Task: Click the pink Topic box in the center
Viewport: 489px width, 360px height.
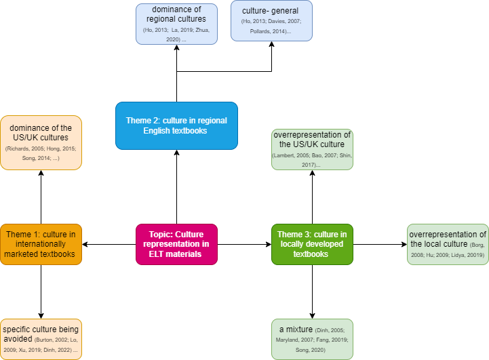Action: (x=176, y=244)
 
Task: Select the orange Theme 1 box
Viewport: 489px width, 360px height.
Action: (x=41, y=244)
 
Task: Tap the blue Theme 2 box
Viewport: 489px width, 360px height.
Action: (x=176, y=125)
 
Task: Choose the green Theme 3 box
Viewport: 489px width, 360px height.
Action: (x=312, y=244)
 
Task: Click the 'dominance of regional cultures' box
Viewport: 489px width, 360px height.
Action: (x=176, y=24)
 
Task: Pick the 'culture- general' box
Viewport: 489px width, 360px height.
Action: (x=271, y=24)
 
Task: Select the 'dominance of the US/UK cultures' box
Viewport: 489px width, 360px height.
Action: (x=41, y=142)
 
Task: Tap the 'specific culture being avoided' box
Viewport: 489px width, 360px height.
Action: (x=41, y=338)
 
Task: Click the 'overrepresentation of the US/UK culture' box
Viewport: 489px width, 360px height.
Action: (x=312, y=149)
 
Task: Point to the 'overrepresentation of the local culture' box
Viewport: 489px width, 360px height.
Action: (x=448, y=244)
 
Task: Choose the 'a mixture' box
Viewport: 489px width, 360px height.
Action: (x=312, y=338)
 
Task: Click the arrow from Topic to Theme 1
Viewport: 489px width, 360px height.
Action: (x=109, y=244)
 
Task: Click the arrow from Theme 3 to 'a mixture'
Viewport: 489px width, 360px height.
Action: (x=312, y=292)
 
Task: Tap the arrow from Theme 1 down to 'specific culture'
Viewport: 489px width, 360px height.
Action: (x=41, y=292)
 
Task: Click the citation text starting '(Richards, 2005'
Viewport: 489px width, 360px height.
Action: (x=41, y=152)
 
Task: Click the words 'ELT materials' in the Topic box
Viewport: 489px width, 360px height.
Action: (x=176, y=254)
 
